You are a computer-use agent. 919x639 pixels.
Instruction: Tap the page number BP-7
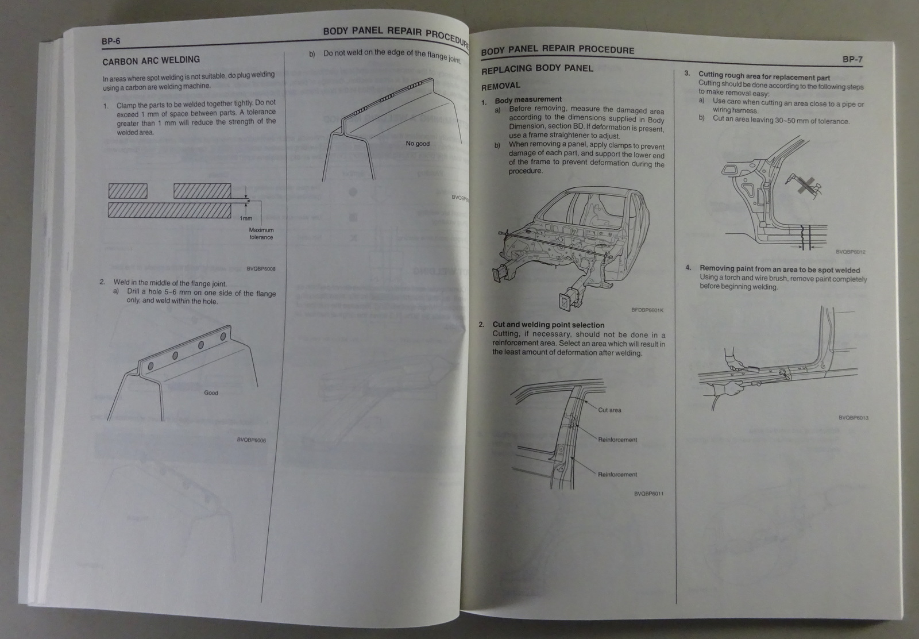click(852, 59)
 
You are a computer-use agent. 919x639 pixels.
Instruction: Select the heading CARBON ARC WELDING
click(151, 60)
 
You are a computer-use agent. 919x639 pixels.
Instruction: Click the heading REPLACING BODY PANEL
click(537, 68)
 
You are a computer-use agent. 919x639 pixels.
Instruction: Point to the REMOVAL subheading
click(500, 86)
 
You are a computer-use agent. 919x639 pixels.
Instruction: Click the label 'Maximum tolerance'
click(261, 233)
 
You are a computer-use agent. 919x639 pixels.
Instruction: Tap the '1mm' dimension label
click(246, 218)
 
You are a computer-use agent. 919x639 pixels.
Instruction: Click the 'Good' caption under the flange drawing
click(211, 393)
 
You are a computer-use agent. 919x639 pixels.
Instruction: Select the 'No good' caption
click(417, 144)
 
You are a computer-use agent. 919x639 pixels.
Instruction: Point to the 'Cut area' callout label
click(609, 410)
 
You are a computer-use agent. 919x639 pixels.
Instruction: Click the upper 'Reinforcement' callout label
click(617, 440)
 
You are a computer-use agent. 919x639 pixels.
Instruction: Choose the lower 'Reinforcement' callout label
click(617, 475)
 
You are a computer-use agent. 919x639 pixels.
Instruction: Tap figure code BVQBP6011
click(649, 494)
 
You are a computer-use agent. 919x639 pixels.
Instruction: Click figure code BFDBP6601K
click(647, 310)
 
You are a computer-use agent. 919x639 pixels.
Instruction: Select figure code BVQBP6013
click(853, 418)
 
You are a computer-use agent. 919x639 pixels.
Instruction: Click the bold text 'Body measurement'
click(528, 100)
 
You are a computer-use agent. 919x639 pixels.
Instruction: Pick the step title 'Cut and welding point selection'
click(548, 325)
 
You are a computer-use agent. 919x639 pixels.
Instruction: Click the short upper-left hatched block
click(128, 191)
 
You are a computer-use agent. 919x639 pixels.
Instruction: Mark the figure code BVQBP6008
click(261, 268)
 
